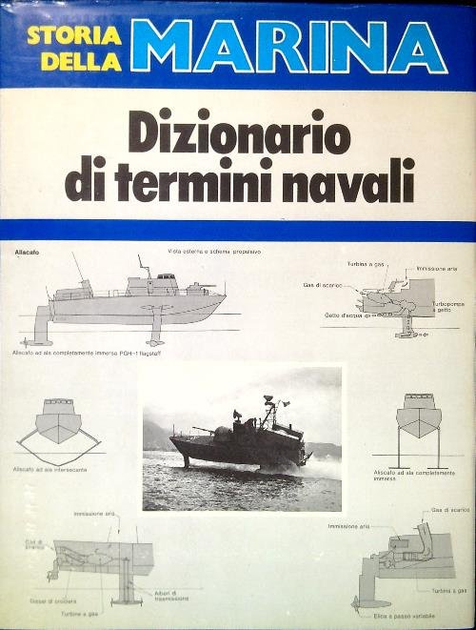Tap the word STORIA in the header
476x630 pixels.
(x=74, y=36)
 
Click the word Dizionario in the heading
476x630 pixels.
(x=239, y=136)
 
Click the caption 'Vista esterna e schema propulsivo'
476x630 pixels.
(x=214, y=252)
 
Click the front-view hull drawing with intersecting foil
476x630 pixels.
(x=59, y=423)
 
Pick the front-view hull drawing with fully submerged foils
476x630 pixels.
(x=419, y=424)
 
